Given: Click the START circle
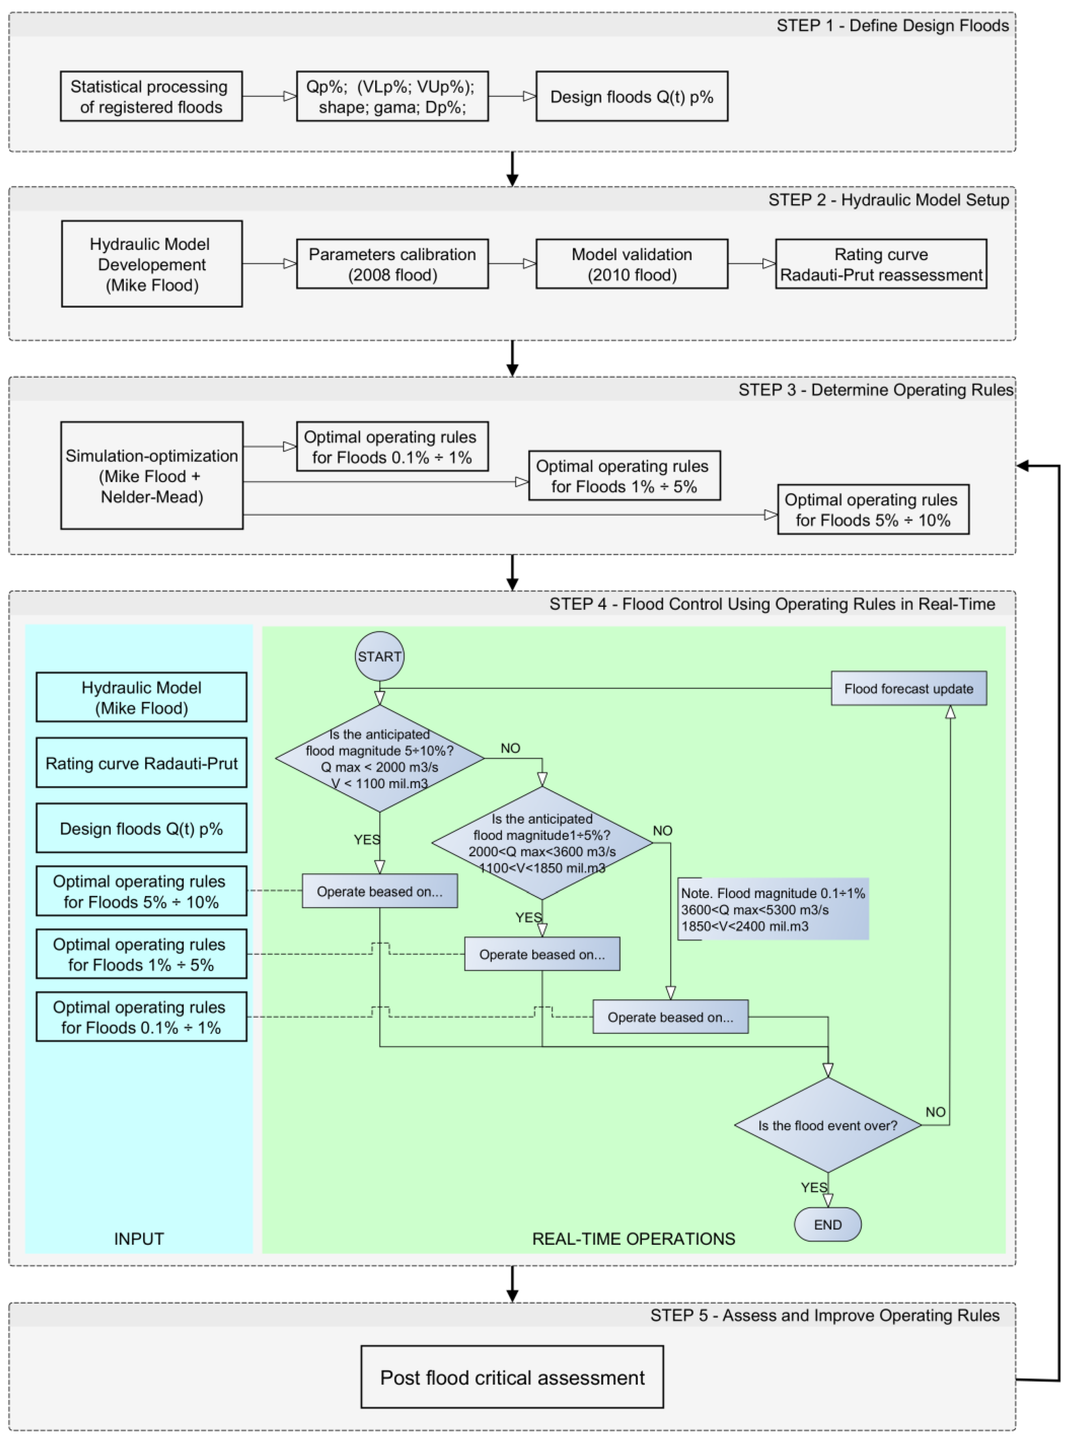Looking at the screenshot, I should pos(380,656).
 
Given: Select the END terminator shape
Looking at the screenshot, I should pos(827,1224).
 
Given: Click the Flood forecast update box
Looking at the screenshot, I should pos(909,689).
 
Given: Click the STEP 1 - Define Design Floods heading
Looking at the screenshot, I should pos(892,26).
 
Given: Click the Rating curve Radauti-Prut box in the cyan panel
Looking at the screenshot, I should pos(141,763).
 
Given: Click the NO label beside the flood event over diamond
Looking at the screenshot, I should pos(935,1112).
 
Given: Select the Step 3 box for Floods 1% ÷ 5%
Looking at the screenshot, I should pos(624,476).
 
